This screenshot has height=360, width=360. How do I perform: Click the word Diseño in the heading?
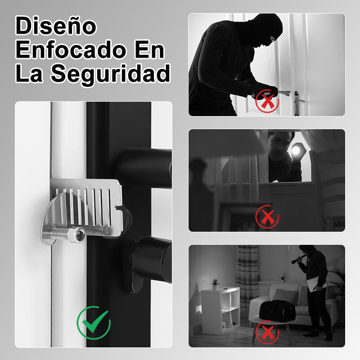(x=56, y=26)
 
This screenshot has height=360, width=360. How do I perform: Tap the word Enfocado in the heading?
(x=71, y=49)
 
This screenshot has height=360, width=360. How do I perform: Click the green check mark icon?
(x=94, y=323)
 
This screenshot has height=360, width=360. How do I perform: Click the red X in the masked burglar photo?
(x=267, y=101)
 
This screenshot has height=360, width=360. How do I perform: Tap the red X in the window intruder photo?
(x=267, y=216)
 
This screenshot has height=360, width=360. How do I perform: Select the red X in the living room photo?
(x=267, y=332)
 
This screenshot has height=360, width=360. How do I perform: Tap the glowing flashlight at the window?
(x=297, y=150)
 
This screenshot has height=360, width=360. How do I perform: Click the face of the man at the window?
(x=278, y=147)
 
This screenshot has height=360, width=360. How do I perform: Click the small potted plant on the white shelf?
(x=215, y=284)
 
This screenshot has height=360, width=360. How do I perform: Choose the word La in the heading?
(x=29, y=73)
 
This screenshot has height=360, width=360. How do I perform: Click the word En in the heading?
(x=149, y=49)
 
